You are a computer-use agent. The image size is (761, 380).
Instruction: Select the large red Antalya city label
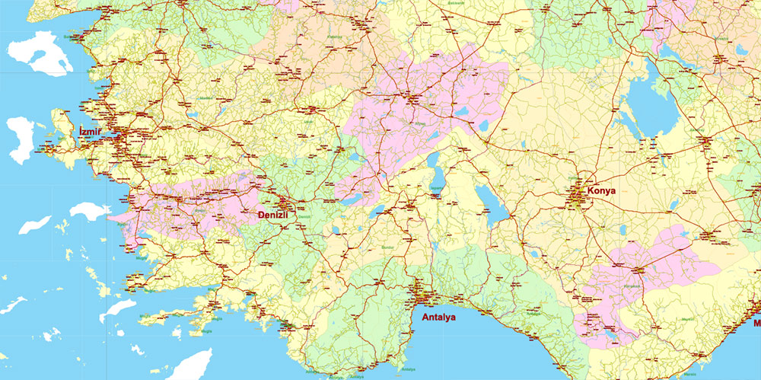pyautogui.click(x=433, y=317)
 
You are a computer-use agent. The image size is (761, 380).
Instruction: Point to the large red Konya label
pyautogui.click(x=601, y=191)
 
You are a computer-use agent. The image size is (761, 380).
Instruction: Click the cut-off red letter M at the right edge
pyautogui.click(x=756, y=323)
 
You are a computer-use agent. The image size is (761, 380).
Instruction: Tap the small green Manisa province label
pyautogui.click(x=205, y=98)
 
